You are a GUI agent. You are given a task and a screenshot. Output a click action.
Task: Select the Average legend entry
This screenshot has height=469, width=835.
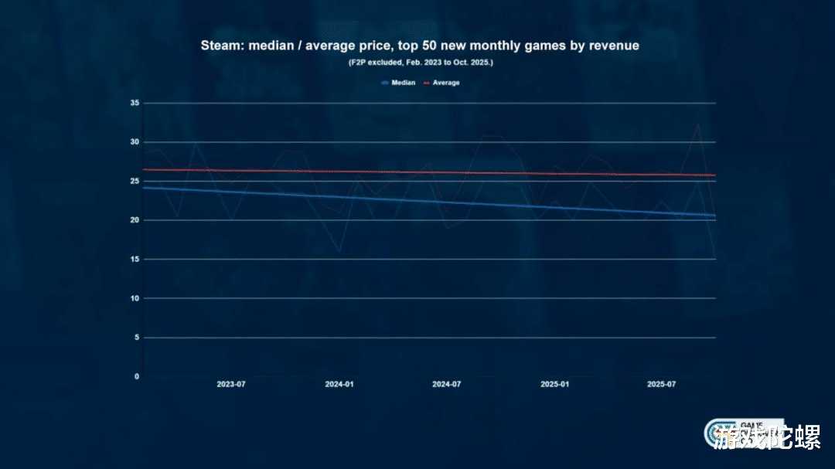point(445,83)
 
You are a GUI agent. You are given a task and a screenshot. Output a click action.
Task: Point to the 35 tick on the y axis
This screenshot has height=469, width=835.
point(135,103)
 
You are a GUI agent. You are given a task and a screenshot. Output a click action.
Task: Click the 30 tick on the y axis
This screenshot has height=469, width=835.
point(135,142)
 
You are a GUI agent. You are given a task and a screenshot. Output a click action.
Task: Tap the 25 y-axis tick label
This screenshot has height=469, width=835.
point(135,181)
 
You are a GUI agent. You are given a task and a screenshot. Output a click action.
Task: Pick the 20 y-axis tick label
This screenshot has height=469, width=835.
point(135,220)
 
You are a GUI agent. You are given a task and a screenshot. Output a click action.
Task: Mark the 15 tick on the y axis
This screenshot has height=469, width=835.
point(135,259)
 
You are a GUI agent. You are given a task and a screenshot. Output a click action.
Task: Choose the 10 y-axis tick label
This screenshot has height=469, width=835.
point(135,298)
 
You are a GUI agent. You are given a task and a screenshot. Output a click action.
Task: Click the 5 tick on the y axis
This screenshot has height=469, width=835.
point(137,338)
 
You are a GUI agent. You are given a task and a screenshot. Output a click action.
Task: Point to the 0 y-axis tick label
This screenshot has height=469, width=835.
point(137,376)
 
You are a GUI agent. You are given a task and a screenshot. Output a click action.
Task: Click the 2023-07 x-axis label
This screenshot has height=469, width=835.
point(231,384)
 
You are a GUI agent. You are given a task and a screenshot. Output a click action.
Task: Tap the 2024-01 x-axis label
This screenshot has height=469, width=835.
point(339,384)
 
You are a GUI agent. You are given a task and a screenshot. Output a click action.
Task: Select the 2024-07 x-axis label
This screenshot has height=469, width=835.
point(447,384)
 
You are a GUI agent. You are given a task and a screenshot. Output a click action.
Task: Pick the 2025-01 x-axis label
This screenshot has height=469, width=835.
point(554,384)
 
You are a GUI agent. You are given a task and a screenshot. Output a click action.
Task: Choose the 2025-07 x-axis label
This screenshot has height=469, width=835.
point(661,384)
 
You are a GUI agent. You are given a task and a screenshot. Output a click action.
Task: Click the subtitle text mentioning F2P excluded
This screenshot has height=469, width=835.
point(421,62)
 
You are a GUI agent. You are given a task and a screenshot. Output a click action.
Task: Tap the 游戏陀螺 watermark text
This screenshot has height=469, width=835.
point(767,439)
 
